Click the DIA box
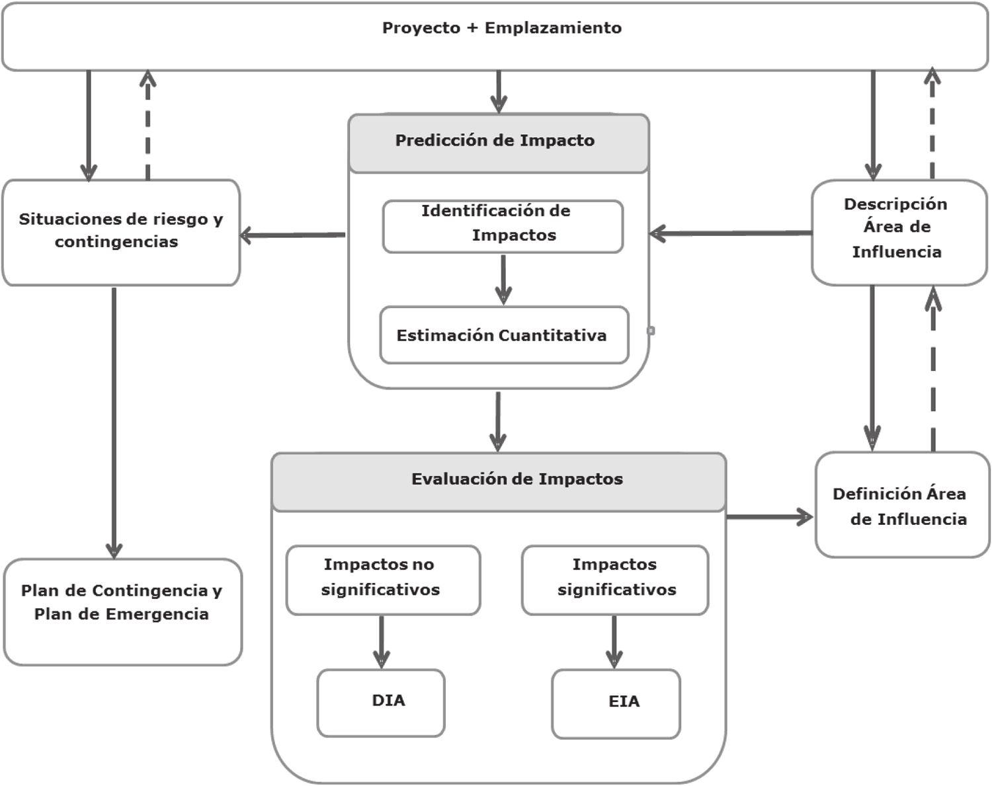pyautogui.click(x=381, y=703)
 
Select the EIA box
pyautogui.click(x=616, y=703)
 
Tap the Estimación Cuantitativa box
pyautogui.click(x=504, y=335)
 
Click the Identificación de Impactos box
pyautogui.click(x=503, y=226)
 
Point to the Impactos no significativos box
pyautogui.click(x=383, y=580)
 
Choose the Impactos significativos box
pyautogui.click(x=615, y=580)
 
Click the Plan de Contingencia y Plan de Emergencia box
pyautogui.click(x=122, y=611)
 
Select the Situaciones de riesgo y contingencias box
pyautogui.click(x=121, y=232)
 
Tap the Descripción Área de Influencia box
pyautogui.click(x=899, y=232)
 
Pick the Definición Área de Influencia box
pyautogui.click(x=902, y=505)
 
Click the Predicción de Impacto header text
pyautogui.click(x=495, y=141)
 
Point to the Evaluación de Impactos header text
pyautogui.click(x=517, y=479)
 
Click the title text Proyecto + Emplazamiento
pyautogui.click(x=502, y=28)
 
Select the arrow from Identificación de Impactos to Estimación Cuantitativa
pyautogui.click(x=503, y=279)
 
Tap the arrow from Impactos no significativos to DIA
pyautogui.click(x=381, y=641)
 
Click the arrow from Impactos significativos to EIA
pyautogui.click(x=614, y=641)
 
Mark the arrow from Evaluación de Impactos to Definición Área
pyautogui.click(x=770, y=517)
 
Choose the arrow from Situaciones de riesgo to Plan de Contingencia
pyautogui.click(x=114, y=423)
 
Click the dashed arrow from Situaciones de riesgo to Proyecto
pyautogui.click(x=147, y=126)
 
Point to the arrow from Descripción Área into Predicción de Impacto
pyautogui.click(x=731, y=233)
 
